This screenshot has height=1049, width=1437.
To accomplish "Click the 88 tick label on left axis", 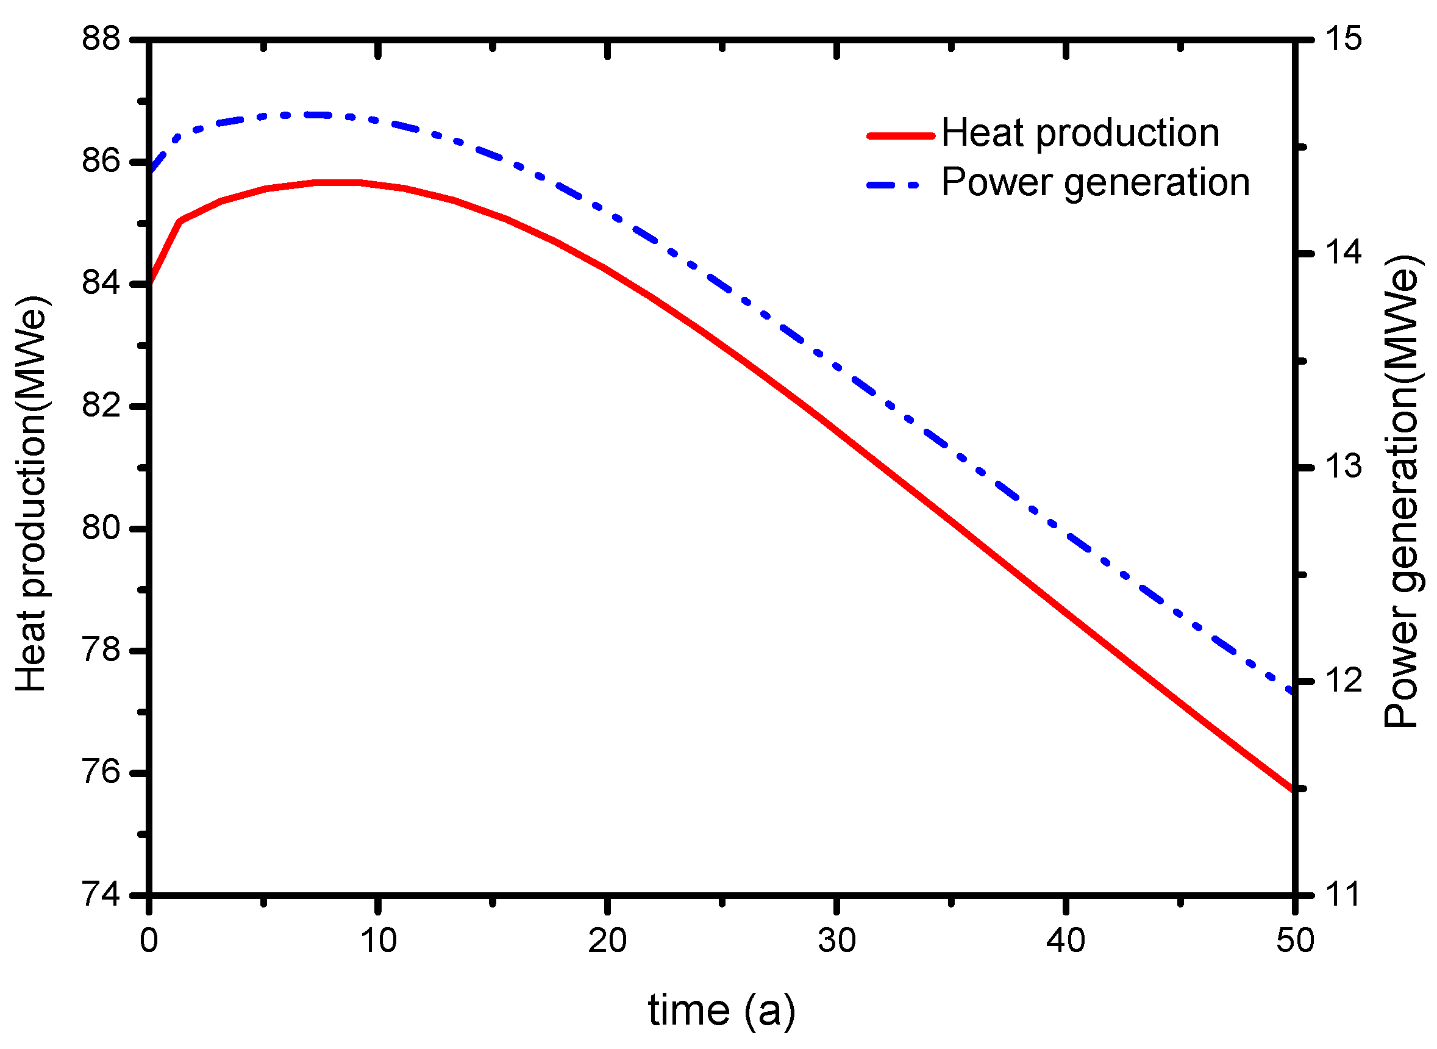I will [101, 39].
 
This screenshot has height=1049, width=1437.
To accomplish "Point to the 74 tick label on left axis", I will [101, 895].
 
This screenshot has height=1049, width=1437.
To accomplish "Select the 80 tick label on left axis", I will [101, 528].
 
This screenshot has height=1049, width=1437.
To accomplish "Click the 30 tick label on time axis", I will [836, 940].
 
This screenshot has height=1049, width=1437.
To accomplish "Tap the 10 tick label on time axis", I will [378, 940].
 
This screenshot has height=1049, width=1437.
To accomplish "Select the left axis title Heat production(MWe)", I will [32, 493].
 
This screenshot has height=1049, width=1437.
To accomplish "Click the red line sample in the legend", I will [900, 135].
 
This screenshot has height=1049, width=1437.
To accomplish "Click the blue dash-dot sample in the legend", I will [892, 185].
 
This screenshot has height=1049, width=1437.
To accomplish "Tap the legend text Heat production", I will [1080, 134].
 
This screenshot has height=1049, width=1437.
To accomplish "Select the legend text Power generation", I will [1095, 183].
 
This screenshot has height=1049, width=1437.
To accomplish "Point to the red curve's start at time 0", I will [151, 283].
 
